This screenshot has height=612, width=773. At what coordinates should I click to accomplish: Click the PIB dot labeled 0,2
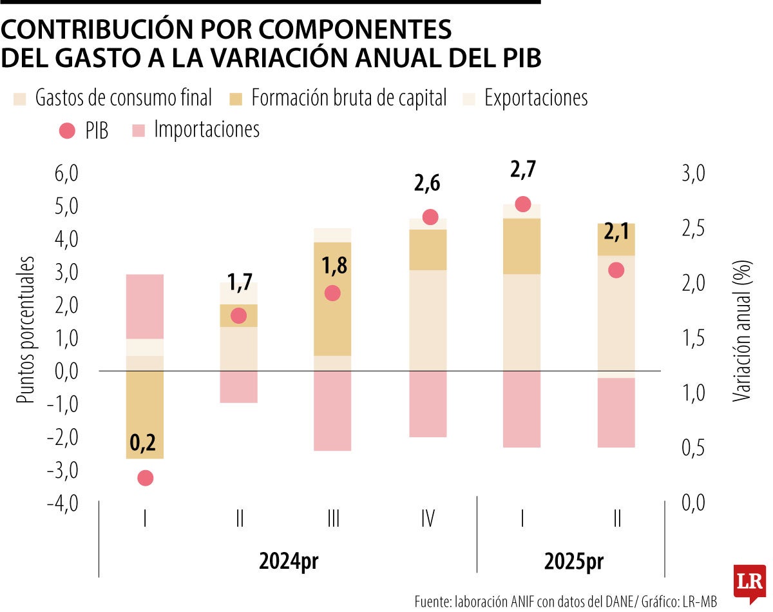click(145, 478)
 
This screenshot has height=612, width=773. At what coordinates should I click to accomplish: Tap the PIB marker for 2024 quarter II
click(238, 315)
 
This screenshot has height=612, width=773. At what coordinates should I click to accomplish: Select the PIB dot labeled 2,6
click(430, 217)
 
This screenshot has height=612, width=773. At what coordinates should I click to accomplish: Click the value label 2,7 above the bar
click(522, 172)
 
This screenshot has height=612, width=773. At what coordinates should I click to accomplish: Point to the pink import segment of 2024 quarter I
click(145, 306)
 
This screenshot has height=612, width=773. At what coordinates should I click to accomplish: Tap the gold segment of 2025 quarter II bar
click(617, 240)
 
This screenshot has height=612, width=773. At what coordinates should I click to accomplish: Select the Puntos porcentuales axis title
click(25, 330)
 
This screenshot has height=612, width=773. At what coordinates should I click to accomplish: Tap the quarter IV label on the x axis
click(427, 519)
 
